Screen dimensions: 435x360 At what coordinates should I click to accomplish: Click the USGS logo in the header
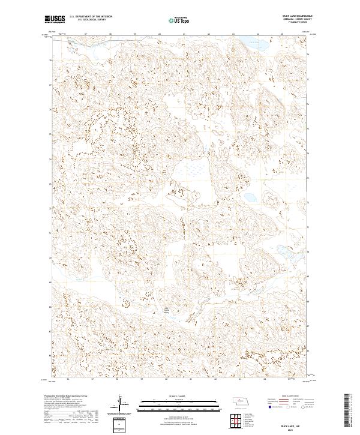55,20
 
